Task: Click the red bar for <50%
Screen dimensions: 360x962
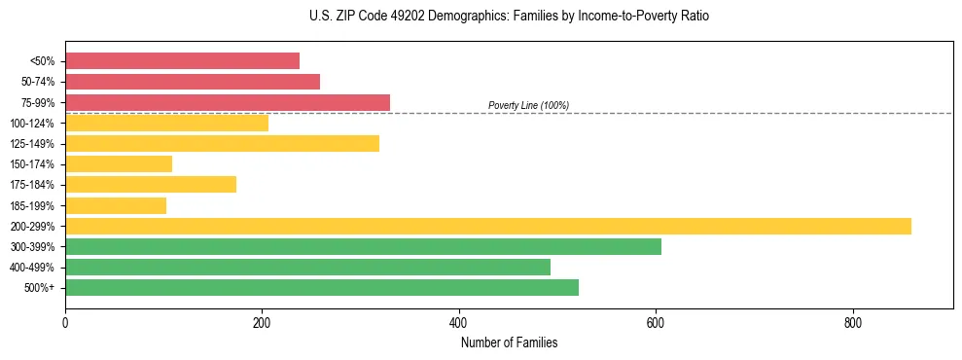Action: coord(182,61)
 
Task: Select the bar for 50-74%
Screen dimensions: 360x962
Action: coord(193,82)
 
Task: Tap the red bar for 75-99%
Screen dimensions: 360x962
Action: coord(228,102)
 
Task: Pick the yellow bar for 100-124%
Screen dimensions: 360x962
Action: coord(166,123)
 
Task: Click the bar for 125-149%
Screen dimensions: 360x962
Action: coord(222,144)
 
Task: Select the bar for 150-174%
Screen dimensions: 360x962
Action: coord(119,164)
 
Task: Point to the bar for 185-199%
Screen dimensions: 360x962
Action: coord(116,205)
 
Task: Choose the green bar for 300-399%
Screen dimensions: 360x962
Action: coord(363,246)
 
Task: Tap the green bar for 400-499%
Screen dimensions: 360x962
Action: coord(307,267)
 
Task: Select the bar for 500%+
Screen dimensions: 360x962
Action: coord(322,287)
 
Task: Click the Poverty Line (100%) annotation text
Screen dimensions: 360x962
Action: coord(528,105)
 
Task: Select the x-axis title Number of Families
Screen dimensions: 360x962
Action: coord(509,342)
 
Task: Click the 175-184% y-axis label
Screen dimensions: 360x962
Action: coord(32,185)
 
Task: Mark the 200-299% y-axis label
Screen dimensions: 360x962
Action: coord(32,226)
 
